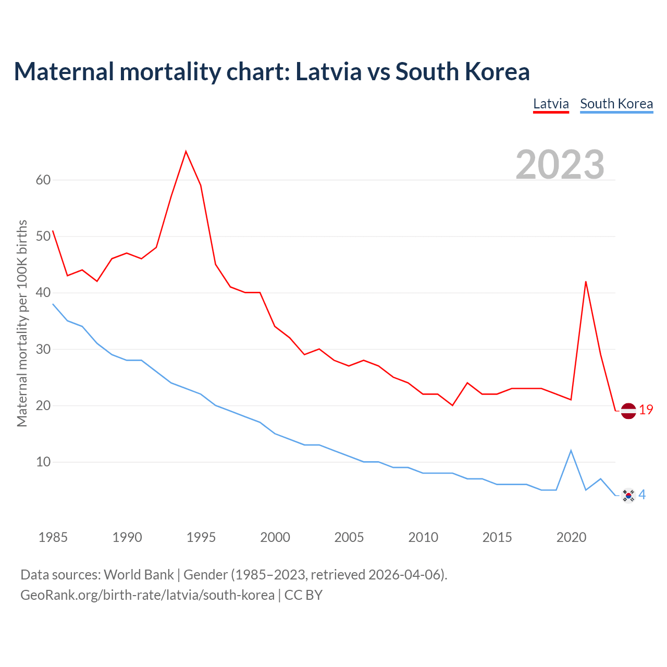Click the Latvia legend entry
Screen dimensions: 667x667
click(551, 104)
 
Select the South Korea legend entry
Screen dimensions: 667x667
click(616, 104)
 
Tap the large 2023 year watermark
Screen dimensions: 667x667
click(560, 164)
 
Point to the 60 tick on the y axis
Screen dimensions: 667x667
click(43, 180)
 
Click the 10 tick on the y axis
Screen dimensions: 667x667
click(43, 462)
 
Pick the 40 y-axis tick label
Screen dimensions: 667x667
click(43, 293)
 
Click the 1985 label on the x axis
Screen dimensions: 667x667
click(53, 537)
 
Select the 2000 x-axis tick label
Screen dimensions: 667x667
click(275, 537)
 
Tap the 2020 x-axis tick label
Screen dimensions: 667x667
click(571, 537)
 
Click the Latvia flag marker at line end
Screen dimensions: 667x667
click(628, 411)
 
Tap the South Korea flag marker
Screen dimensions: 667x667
click(628, 495)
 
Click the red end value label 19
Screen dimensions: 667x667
click(646, 410)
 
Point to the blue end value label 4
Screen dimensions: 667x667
click(643, 495)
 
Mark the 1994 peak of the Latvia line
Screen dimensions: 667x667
click(186, 152)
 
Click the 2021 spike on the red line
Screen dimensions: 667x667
click(586, 282)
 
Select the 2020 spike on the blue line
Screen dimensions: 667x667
click(571, 451)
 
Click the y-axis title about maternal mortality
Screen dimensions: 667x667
click(22, 323)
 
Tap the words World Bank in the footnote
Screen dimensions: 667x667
click(139, 575)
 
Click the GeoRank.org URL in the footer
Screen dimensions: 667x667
click(147, 595)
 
